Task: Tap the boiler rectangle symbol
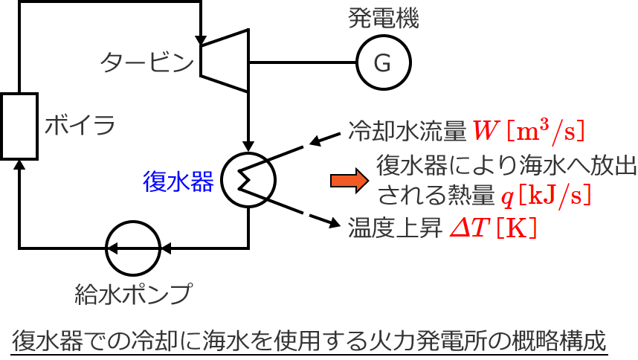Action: [19, 126]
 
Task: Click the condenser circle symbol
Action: [248, 179]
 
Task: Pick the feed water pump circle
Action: [133, 247]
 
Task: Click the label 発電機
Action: [384, 19]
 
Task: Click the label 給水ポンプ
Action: [133, 293]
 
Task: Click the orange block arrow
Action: [349, 180]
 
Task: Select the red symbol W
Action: [487, 131]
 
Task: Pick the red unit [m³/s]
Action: [547, 130]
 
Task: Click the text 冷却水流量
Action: [408, 132]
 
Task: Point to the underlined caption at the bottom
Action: [310, 341]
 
